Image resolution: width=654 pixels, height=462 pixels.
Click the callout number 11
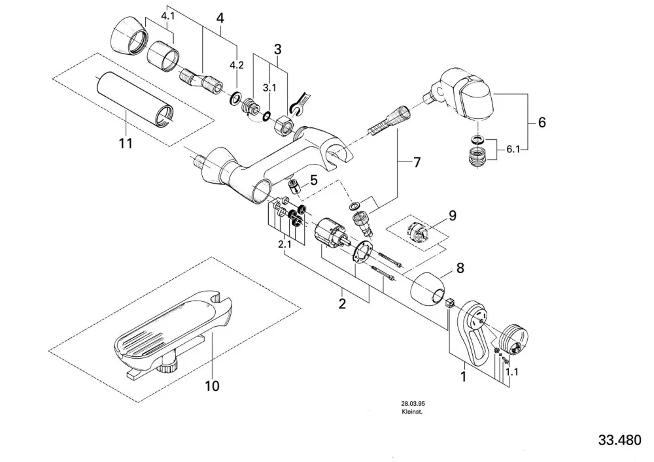126,143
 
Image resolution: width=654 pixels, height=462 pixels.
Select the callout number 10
212,386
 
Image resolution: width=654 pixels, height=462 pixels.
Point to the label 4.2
237,65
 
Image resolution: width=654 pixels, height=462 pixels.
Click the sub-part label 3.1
269,88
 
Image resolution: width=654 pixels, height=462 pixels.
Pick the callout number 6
542,122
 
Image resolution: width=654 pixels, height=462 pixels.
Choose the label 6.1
513,149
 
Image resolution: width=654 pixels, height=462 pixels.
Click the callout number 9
453,216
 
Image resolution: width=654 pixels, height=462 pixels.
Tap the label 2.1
284,244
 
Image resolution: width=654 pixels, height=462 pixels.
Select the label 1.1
511,372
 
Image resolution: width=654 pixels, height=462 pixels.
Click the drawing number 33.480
619,440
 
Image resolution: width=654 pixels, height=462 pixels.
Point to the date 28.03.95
411,404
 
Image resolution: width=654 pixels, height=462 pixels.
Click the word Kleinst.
409,412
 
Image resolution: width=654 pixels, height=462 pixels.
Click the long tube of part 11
134,99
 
